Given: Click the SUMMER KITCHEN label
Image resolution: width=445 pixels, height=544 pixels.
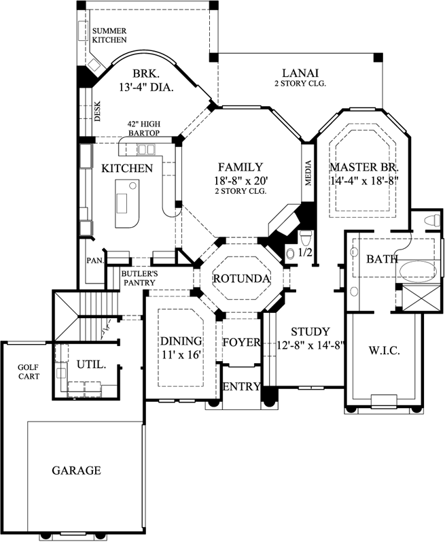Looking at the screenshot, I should [109, 35].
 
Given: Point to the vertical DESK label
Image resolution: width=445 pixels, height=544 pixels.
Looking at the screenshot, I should [97, 111].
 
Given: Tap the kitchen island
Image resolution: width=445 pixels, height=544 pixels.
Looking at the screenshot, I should [126, 203].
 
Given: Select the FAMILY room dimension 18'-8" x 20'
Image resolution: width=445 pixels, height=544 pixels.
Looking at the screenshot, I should [241, 180].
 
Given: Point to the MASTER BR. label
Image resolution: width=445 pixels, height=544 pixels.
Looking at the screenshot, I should [363, 167].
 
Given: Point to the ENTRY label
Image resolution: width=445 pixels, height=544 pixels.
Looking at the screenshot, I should [241, 387].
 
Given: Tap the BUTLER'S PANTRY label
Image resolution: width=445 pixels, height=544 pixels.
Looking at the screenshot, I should [140, 278].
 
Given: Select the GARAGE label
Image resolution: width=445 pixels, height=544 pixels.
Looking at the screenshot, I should [76, 470].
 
